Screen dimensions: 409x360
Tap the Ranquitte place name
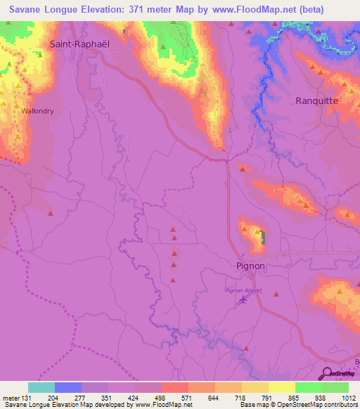pyautogui.click(x=317, y=100)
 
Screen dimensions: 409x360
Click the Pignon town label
pyautogui.click(x=250, y=266)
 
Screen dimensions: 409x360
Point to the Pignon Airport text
pyautogui.click(x=243, y=290)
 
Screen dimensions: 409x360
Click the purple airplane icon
pyautogui.click(x=243, y=300)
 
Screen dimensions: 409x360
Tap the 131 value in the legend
pyautogui.click(x=28, y=398)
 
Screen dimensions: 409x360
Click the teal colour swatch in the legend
pyautogui.click(x=41, y=387)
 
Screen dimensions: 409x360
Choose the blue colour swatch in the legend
pyautogui.click(x=68, y=387)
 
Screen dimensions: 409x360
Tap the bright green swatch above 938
pyautogui.click(x=309, y=387)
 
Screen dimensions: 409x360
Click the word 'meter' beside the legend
pyautogui.click(x=11, y=398)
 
